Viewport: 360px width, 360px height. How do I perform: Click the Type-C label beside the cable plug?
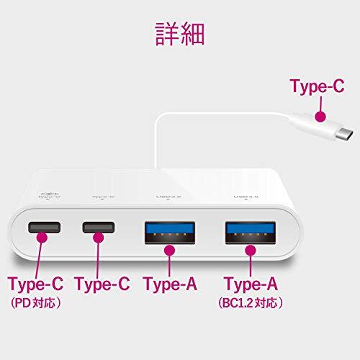pos(316,88)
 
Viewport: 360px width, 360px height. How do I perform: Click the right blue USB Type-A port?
pos(249,230)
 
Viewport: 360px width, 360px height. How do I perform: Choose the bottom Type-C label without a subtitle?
pos(102,284)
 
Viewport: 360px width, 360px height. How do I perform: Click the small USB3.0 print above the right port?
pos(243,196)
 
